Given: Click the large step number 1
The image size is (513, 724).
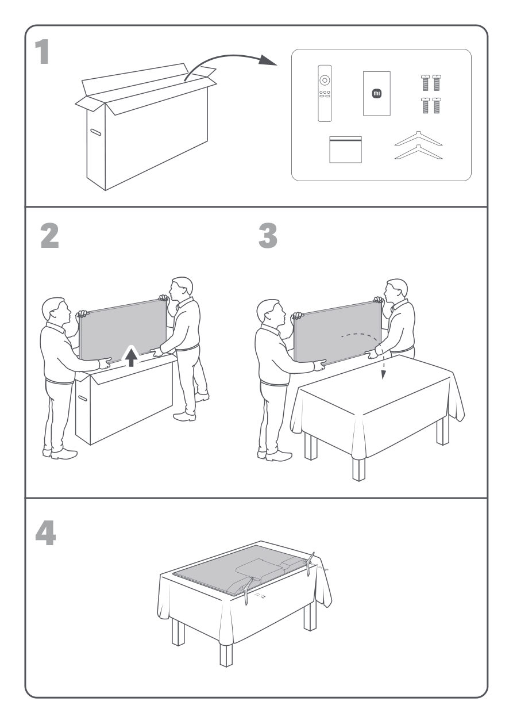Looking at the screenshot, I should [41, 53].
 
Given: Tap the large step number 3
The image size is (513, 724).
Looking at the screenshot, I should [268, 237].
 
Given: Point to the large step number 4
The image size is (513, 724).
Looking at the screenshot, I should [46, 533].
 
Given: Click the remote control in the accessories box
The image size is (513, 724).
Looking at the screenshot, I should [325, 93].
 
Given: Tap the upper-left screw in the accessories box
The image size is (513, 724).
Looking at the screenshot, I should [426, 82].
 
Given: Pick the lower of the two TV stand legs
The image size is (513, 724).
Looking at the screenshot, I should [418, 153].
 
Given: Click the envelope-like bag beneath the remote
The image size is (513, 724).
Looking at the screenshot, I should [345, 150].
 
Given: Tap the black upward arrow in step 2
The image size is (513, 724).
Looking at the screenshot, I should [132, 358].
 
